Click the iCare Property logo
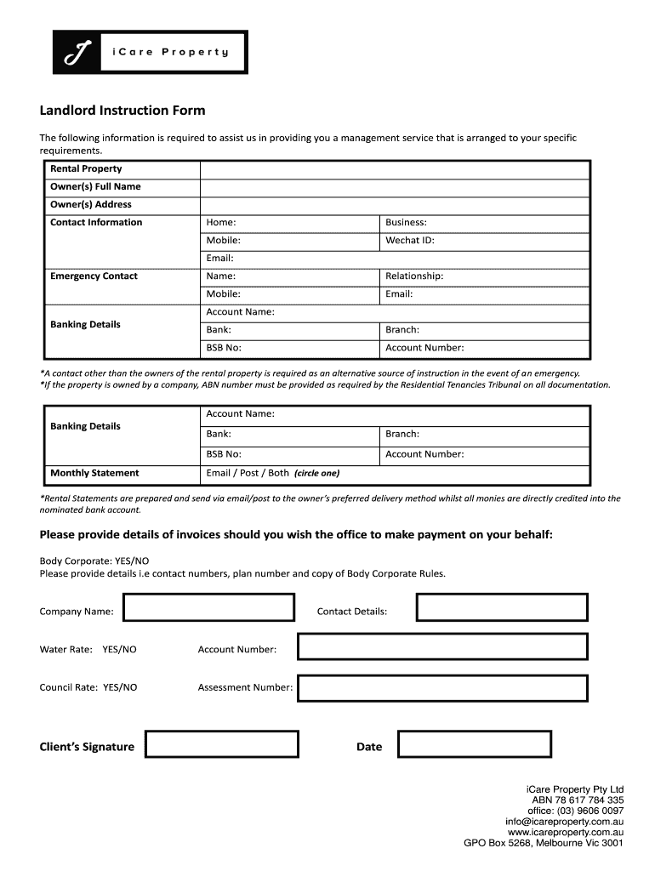(x=151, y=52)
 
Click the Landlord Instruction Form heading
(x=122, y=111)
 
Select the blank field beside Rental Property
(x=394, y=168)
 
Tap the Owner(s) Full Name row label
(x=96, y=186)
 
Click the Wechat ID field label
(x=410, y=240)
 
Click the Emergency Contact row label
(x=94, y=276)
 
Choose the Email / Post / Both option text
(x=248, y=473)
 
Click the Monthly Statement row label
(x=94, y=473)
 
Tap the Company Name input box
(x=209, y=607)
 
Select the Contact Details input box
(x=501, y=607)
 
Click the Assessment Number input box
(x=442, y=688)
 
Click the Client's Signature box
(x=222, y=744)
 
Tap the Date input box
(x=475, y=744)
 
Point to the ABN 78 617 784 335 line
(x=578, y=800)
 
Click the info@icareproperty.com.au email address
(x=565, y=822)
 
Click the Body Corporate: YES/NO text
(x=94, y=561)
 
